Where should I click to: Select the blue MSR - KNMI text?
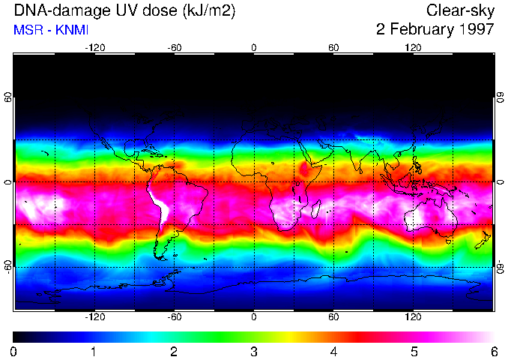click(51, 30)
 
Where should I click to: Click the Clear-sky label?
click(460, 10)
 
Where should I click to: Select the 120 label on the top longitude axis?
click(414, 47)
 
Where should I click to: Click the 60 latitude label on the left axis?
click(7, 98)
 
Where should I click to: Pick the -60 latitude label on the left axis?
click(7, 266)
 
